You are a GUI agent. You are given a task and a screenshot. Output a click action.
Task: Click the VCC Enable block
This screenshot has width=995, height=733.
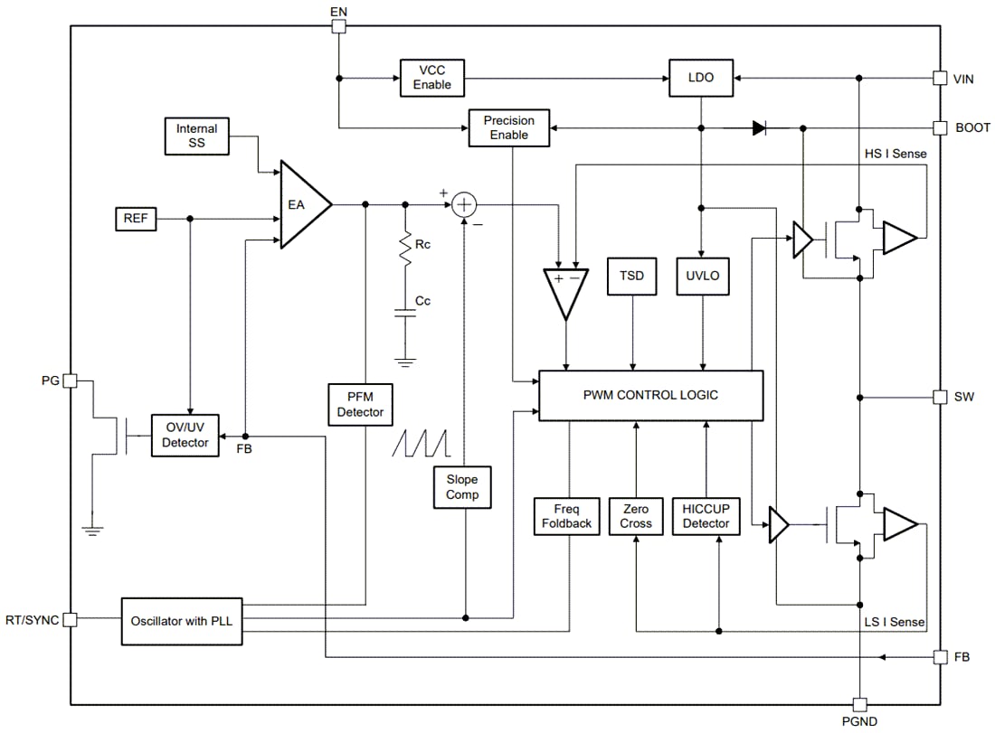(x=432, y=78)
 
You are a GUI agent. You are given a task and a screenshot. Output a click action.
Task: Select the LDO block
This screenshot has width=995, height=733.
(x=701, y=78)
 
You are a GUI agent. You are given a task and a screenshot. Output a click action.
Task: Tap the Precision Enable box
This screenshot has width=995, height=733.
(x=509, y=128)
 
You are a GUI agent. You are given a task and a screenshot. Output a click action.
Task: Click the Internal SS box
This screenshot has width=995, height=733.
(x=197, y=136)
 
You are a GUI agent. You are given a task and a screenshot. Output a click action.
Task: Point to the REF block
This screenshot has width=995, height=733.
(x=136, y=219)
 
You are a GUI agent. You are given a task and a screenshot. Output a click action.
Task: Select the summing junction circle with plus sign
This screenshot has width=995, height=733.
(x=464, y=205)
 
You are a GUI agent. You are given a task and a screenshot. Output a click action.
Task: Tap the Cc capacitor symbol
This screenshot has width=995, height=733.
(x=405, y=313)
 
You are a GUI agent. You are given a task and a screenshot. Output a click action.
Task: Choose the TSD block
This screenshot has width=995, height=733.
(x=632, y=276)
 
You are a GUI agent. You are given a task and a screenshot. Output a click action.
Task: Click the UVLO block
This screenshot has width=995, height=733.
(x=703, y=276)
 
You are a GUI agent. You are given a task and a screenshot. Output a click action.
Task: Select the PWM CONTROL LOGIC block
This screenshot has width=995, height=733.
(x=650, y=395)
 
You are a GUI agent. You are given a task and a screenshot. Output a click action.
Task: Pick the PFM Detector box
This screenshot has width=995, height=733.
(x=361, y=404)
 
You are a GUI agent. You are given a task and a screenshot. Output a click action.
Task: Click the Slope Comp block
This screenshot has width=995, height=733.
(x=462, y=487)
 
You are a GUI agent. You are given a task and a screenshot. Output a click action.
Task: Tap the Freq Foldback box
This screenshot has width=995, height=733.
(x=567, y=516)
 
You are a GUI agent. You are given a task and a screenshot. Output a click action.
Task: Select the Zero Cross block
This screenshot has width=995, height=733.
(x=636, y=516)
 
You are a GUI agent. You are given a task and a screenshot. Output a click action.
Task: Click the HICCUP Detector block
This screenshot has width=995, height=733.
(x=706, y=516)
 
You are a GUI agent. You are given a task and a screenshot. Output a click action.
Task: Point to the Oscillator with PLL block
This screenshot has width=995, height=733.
(x=182, y=620)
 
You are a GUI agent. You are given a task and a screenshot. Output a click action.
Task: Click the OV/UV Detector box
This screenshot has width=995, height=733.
(x=185, y=436)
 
